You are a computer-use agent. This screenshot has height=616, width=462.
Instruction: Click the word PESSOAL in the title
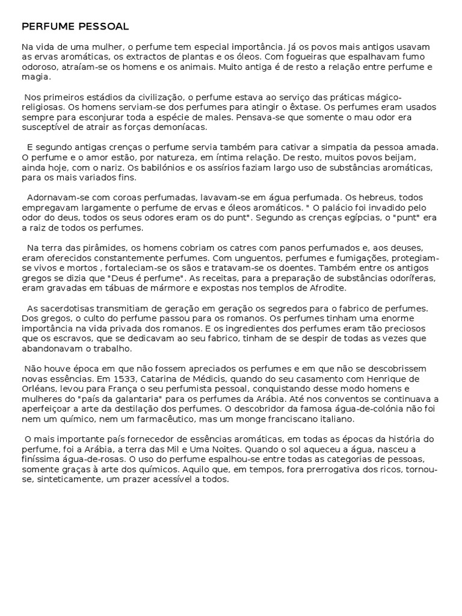[x=102, y=27]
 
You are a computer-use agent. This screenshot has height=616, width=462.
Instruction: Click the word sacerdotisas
[x=70, y=309]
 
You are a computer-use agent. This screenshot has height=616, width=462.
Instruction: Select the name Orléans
[x=39, y=389]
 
